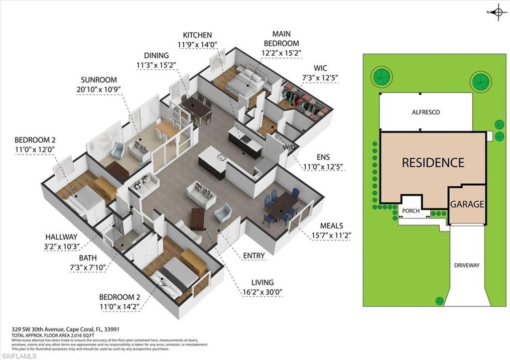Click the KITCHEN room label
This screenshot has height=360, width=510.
coord(197,35)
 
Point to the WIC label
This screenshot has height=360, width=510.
coord(321,68)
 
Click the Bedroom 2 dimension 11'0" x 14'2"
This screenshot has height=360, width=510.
coord(120,306)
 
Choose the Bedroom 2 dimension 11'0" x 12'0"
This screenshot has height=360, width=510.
coord(34,149)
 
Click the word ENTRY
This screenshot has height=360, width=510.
coord(254,256)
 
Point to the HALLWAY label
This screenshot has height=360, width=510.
coord(62,237)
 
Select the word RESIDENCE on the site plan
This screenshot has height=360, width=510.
coord(433,162)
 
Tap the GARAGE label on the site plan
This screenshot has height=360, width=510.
coord(467,204)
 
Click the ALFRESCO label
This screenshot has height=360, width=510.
coord(425,113)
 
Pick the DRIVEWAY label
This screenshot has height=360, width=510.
coord(467,265)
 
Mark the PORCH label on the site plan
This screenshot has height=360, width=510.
coord(410,211)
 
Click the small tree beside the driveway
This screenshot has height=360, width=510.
coord(439,300)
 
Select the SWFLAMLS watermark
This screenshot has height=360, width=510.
coord(18,356)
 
